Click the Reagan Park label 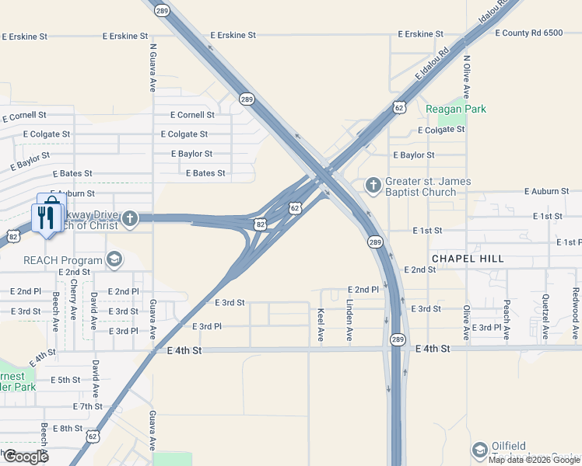tap(456, 109)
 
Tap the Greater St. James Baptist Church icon tap(373, 186)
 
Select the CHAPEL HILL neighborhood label tap(468, 258)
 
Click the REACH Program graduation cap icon tap(114, 260)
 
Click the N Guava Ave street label tap(153, 67)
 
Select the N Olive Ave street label tap(467, 76)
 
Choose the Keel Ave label tap(321, 325)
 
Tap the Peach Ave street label tap(507, 320)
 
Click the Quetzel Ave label tap(546, 317)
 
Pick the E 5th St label tap(65, 380)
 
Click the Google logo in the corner tap(26, 457)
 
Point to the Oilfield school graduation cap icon tap(480, 450)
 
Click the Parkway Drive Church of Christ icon tap(130, 220)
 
